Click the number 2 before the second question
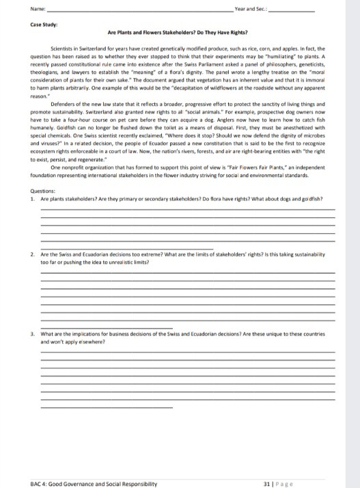pyautogui.click(x=33, y=254)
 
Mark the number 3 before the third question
pyautogui.click(x=33, y=333)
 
